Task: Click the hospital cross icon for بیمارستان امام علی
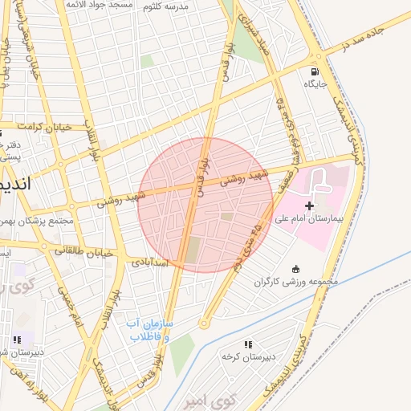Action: (x=310, y=206)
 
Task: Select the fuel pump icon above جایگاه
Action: (x=311, y=71)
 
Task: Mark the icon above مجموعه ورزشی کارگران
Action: (x=297, y=269)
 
